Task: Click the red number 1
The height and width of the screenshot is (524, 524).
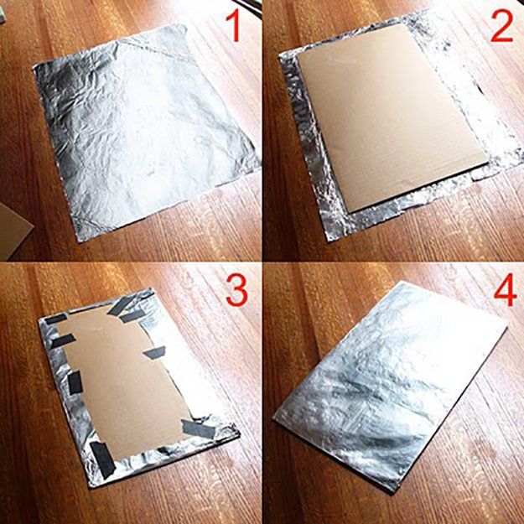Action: tap(234, 25)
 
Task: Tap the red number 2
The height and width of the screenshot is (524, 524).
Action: tap(501, 26)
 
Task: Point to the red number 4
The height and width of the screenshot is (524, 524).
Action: tap(506, 289)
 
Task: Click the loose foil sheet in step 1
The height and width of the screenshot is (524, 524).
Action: tap(143, 130)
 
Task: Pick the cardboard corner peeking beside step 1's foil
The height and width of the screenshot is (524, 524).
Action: tap(13, 231)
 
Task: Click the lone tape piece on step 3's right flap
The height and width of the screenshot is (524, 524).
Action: tap(155, 353)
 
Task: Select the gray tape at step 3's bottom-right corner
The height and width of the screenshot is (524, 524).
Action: tap(199, 428)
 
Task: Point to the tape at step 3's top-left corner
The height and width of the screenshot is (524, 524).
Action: tap(55, 319)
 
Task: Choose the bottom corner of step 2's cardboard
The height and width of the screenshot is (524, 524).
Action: tap(349, 213)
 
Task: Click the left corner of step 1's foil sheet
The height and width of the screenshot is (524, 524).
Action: tap(33, 69)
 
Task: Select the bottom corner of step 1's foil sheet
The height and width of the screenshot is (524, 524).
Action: tap(80, 241)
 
